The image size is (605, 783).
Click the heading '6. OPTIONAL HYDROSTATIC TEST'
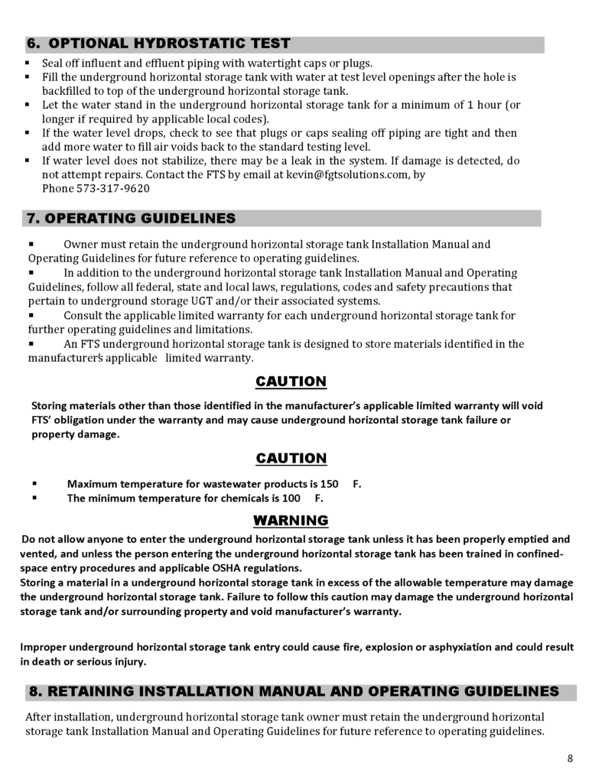click(158, 44)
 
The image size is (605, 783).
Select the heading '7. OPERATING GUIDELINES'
click(131, 219)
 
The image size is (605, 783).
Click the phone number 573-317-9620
click(112, 189)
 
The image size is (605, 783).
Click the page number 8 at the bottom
click(571, 759)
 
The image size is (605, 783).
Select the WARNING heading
click(291, 521)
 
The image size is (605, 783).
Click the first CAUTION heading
click(291, 382)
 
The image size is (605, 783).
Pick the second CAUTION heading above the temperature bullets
click(291, 459)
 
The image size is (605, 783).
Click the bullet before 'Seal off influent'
click(27, 63)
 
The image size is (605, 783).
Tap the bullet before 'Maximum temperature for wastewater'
click(35, 484)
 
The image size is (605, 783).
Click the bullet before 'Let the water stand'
click(27, 105)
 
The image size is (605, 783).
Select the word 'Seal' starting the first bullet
click(54, 63)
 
